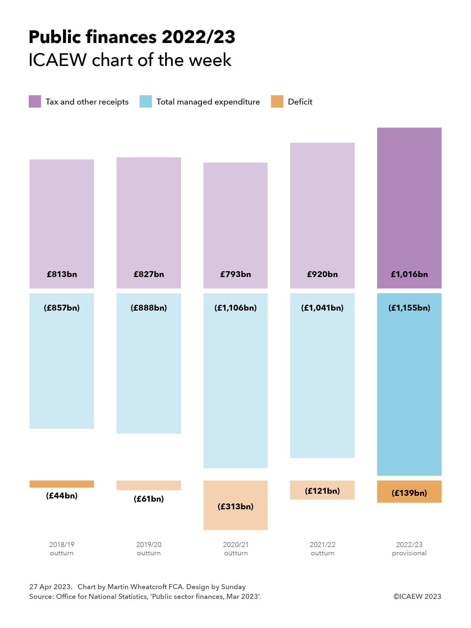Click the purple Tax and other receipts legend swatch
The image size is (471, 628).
(x=35, y=101)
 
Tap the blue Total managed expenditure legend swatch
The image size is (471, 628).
(x=145, y=101)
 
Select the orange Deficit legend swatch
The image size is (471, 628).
(x=277, y=101)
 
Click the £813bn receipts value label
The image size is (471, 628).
(x=62, y=274)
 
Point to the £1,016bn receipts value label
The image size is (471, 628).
(x=409, y=274)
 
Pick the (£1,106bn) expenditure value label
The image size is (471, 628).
(x=235, y=308)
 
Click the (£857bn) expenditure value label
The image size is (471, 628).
(x=62, y=308)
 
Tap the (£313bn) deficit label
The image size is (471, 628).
(x=235, y=506)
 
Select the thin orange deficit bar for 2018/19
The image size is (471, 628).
(x=62, y=484)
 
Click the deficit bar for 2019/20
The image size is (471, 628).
(x=149, y=485)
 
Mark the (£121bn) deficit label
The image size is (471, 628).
(x=322, y=491)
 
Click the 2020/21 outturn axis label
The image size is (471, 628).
(x=235, y=549)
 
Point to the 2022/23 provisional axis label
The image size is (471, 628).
(x=409, y=549)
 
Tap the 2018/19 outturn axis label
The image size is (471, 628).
(x=62, y=549)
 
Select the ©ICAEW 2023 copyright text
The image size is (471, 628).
(x=417, y=596)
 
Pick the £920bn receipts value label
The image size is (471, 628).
(x=322, y=274)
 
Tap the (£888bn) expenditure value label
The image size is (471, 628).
(x=149, y=308)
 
